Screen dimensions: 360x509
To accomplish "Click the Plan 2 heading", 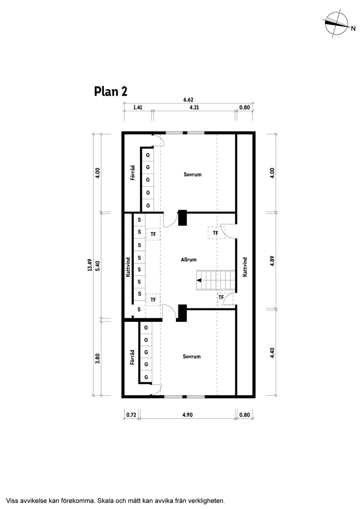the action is coord(110,92).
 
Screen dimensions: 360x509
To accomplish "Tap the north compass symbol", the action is coord(338,24).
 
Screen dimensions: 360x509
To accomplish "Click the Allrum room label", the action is coord(189,260).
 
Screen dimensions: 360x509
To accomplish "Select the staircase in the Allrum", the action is coord(216,280).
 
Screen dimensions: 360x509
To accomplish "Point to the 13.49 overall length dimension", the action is coord(90,265).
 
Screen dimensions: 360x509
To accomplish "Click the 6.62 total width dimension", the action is coord(188,99).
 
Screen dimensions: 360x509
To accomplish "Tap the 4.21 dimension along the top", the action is coord(194,107).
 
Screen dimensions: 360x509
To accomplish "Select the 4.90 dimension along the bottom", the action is coord(188,415).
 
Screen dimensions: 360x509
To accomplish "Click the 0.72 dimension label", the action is coord(131,415).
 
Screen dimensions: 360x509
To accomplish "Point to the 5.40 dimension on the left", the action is coord(98,266).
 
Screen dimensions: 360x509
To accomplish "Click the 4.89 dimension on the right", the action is coord(272,261).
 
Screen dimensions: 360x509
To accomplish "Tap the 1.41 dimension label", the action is coord(138,107).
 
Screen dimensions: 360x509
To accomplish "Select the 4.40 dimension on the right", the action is coord(272,353).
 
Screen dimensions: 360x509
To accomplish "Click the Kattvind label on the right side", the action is coord(245,267).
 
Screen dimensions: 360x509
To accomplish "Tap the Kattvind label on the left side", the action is coord(128,267).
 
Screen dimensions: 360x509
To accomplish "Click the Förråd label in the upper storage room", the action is coord(132,173).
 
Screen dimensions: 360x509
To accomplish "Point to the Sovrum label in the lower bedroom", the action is coord(192,356).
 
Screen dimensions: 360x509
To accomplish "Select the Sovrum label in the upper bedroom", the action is coord(193,174).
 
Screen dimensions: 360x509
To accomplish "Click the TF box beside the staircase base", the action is coord(221,297).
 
